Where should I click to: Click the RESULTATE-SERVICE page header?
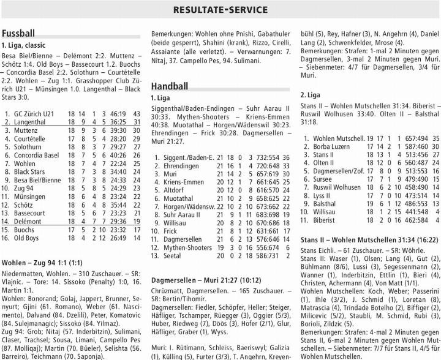tap(221, 9)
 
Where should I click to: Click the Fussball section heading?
tap(19, 32)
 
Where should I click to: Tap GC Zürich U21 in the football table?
tap(34, 114)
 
